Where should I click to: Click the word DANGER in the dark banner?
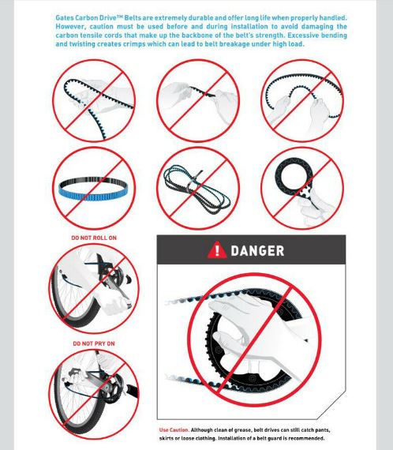pos(257,250)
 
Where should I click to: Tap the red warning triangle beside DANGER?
pos(217,250)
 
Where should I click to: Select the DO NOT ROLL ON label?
pos(94,238)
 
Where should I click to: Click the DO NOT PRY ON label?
pos(94,343)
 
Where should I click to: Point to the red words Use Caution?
pos(174,430)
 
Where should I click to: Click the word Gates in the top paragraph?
pos(64,18)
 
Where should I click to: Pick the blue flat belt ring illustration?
pos(93,189)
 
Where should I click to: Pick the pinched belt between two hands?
pos(202,92)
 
